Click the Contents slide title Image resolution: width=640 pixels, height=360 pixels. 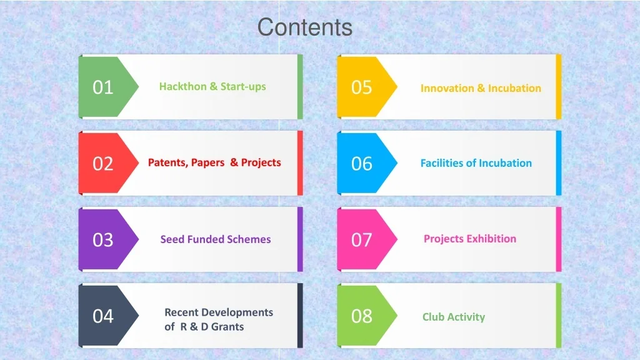305,27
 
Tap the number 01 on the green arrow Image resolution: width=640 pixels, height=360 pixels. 103,87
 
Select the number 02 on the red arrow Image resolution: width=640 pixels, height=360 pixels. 103,164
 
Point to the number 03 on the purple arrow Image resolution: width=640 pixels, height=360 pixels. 103,240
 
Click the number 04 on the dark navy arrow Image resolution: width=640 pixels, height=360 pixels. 103,316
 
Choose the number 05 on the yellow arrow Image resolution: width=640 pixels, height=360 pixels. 362,87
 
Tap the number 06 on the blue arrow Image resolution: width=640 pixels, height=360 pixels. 362,164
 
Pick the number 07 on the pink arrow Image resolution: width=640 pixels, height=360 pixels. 362,240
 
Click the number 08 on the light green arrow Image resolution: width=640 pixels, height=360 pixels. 362,316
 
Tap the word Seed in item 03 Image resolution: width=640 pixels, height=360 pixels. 172,239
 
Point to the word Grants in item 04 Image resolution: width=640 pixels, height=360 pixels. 227,327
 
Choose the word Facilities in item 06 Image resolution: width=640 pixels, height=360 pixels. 442,163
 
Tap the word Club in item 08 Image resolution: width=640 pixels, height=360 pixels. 433,317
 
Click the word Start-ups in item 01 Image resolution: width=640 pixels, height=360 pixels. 243,87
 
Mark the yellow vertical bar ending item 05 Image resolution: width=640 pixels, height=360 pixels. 559,87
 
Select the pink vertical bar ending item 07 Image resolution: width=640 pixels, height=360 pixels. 559,239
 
